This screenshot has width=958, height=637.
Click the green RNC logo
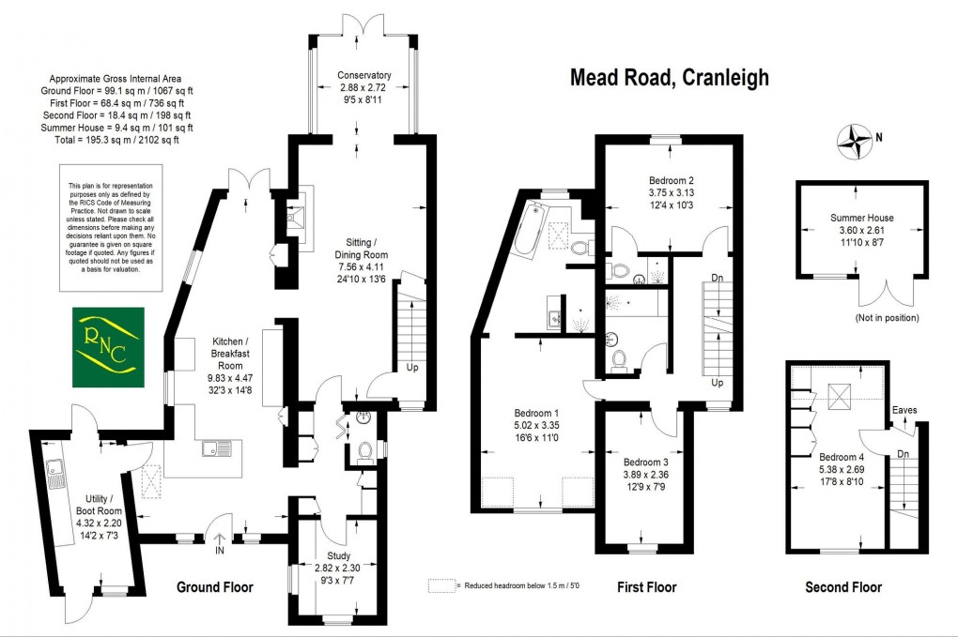[110, 347]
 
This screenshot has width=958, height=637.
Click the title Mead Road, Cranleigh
[670, 78]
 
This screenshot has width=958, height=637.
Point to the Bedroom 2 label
[671, 180]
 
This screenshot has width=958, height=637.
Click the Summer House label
[861, 218]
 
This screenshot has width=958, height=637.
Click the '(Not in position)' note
[887, 318]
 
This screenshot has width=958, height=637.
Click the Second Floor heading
[842, 587]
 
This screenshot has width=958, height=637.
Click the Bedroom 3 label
[646, 463]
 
